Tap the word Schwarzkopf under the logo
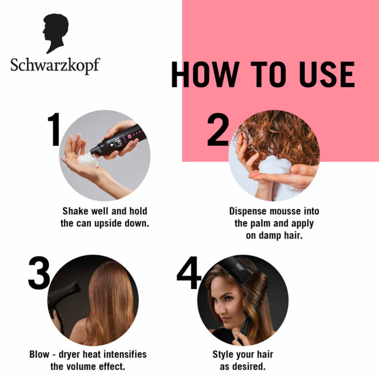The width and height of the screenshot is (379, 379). coord(55,65)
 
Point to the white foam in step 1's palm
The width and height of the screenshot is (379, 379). coord(88,160)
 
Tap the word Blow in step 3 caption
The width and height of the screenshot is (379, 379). coord(39,355)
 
